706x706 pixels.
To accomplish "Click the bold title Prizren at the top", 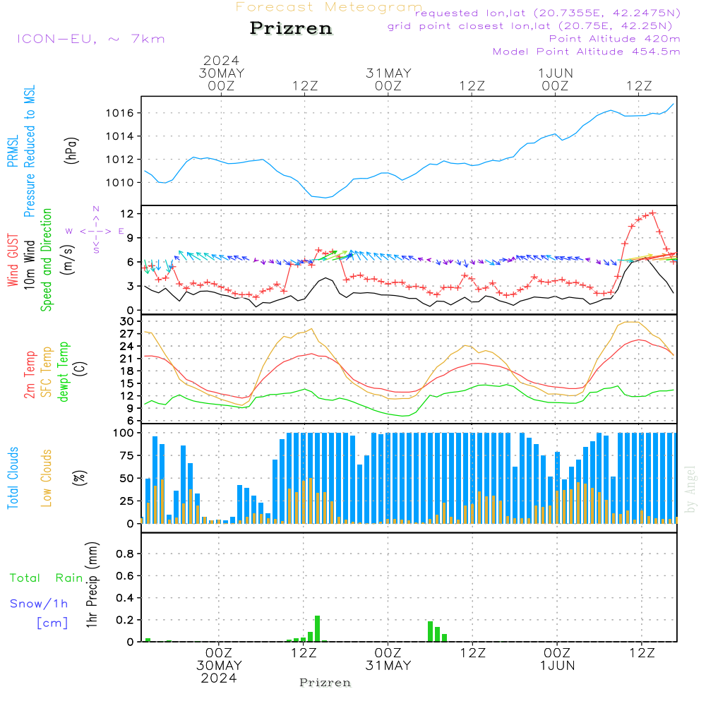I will pyautogui.click(x=290, y=29).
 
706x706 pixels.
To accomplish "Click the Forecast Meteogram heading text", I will pyautogui.click(x=328, y=7).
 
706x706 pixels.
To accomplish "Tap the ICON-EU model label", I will pyautogui.click(x=90, y=38).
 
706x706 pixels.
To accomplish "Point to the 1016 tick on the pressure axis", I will pyautogui.click(x=126, y=113).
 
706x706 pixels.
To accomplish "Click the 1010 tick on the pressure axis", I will pyautogui.click(x=126, y=183).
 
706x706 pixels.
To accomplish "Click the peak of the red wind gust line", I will pyautogui.click(x=652, y=212).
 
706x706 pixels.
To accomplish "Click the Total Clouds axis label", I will pyautogui.click(x=13, y=478).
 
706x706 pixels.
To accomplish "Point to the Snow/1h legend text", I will pyautogui.click(x=39, y=604).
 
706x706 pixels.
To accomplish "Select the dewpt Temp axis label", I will pyautogui.click(x=64, y=372).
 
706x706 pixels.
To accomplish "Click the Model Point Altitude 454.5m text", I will pyautogui.click(x=586, y=52).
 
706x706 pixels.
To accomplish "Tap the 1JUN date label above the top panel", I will pyautogui.click(x=555, y=73).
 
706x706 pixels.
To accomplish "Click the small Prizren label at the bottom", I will pyautogui.click(x=325, y=683).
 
